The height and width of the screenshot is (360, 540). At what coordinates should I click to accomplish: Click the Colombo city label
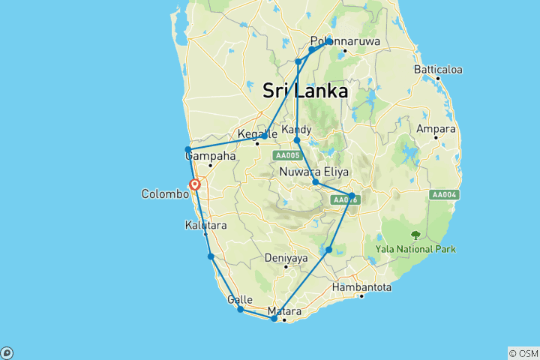point(165,193)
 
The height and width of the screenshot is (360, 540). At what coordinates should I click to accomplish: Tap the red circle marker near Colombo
point(195,184)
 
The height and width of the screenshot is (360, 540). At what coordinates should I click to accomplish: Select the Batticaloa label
point(438,70)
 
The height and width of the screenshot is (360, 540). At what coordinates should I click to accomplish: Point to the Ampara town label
point(436,129)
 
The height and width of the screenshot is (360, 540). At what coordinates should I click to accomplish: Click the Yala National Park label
point(415,249)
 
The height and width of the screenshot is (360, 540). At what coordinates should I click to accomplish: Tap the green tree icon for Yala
point(415,235)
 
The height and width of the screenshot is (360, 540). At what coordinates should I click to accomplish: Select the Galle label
point(239,299)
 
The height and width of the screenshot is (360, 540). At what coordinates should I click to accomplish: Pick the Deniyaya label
point(286,258)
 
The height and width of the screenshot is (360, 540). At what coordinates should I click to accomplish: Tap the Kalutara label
point(205,225)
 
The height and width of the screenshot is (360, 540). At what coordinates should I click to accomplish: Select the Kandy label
point(297,130)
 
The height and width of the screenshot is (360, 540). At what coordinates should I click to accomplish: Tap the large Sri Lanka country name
point(305,91)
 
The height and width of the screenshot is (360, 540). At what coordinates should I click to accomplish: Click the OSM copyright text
point(523,352)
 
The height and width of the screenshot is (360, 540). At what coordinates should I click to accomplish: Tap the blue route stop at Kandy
point(297,140)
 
